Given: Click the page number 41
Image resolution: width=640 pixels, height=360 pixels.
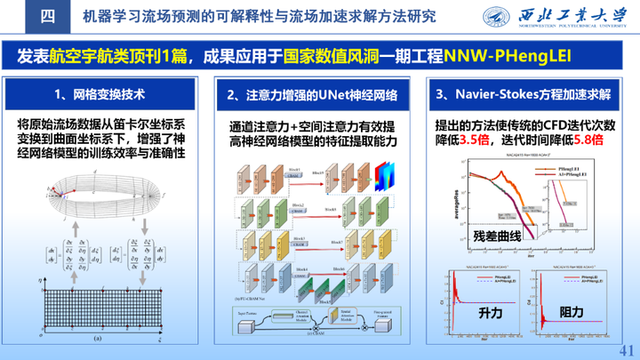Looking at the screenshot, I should [x=623, y=348].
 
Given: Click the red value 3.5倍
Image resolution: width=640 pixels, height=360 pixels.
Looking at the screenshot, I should [x=475, y=140].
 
